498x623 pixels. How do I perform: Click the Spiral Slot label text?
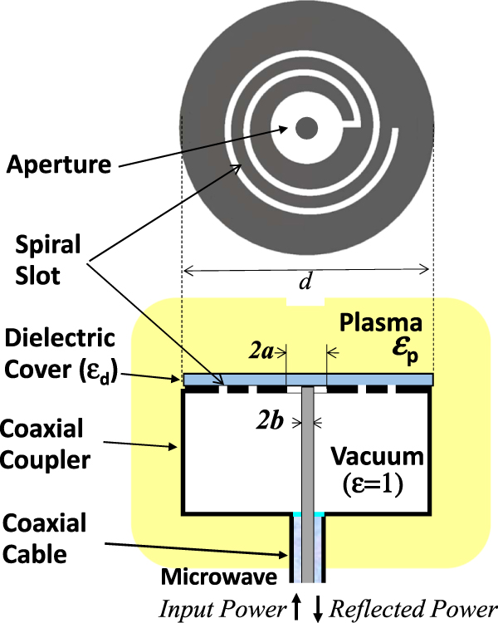point(51,260)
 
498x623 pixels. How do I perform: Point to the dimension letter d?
point(305,282)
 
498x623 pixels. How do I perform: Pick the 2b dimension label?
point(269,422)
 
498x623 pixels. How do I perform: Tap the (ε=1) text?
point(375,484)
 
